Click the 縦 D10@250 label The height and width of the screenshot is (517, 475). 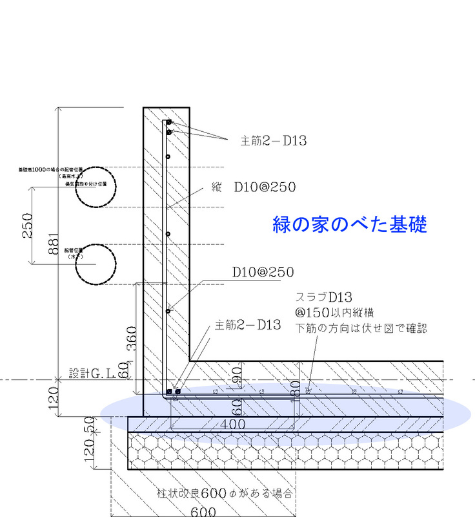(x=254, y=188)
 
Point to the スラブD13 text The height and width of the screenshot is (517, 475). (x=323, y=297)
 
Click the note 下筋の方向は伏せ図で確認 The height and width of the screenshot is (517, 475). (x=361, y=328)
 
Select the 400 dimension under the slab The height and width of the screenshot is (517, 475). (x=232, y=425)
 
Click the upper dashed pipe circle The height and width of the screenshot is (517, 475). (x=97, y=186)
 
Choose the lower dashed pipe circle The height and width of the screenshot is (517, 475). (x=96, y=266)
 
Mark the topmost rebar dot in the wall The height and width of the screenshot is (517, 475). (x=168, y=122)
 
